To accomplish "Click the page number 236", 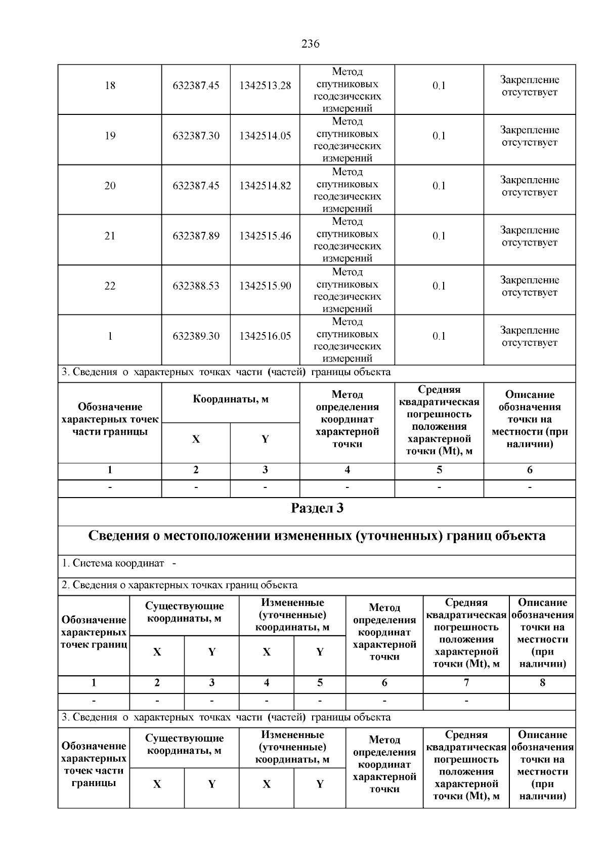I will [310, 44].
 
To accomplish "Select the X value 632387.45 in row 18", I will [196, 86].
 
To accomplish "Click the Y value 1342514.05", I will [265, 136].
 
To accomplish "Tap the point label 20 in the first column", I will [110, 186].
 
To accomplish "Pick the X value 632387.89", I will [196, 236].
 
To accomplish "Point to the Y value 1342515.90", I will [265, 286].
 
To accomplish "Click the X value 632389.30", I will [196, 336].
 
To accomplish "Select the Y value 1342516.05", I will [265, 336].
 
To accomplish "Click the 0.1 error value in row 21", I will [439, 236].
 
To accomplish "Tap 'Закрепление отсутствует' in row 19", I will [529, 136].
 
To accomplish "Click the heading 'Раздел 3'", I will [317, 508].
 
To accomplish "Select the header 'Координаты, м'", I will [231, 399].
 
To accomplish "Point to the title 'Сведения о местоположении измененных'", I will [317, 536].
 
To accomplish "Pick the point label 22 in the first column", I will [110, 286].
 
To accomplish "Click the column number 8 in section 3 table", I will [542, 683].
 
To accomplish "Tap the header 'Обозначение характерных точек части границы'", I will [110, 419].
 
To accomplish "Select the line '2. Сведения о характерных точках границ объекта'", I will [180, 585].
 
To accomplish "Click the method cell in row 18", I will [347, 90].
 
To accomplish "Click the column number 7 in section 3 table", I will [466, 683].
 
